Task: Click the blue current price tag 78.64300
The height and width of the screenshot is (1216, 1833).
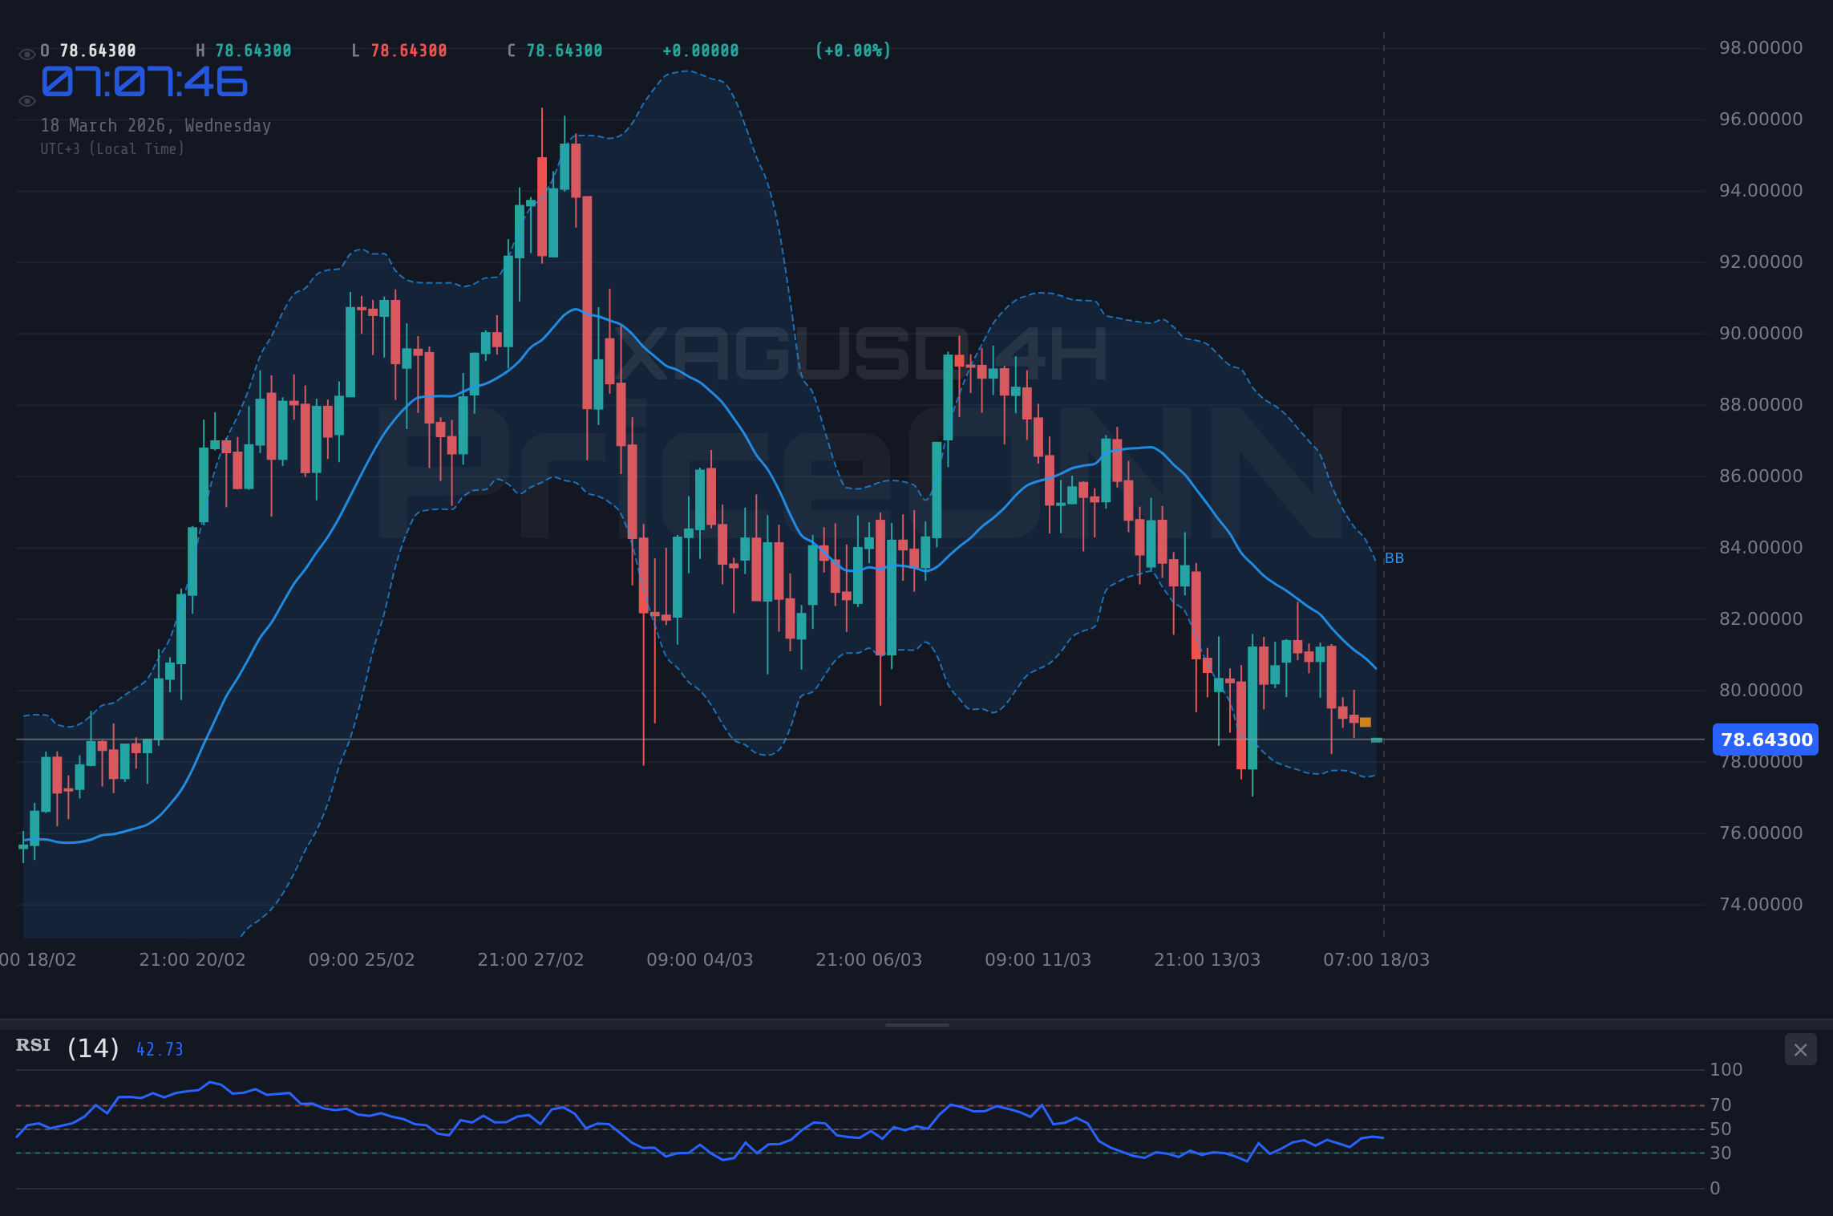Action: click(1765, 740)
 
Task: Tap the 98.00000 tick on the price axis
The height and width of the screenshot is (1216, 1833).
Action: click(1760, 48)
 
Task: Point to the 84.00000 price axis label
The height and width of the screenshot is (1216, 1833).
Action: click(1760, 548)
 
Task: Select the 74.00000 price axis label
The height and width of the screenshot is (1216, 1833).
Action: click(1760, 905)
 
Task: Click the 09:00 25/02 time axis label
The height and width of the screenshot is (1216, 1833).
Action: click(361, 960)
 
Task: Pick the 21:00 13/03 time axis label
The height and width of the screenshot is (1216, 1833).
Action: click(1207, 960)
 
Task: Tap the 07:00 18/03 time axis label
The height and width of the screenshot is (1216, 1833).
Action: click(1376, 960)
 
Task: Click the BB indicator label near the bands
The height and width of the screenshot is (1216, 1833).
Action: click(1394, 558)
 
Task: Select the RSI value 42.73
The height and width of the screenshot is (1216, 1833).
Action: click(160, 1049)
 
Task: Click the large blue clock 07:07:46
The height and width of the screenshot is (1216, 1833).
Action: click(144, 83)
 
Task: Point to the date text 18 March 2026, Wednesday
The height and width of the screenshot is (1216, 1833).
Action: click(156, 126)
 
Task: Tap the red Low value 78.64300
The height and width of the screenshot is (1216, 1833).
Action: click(408, 51)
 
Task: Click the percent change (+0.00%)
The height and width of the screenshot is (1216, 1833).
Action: click(852, 51)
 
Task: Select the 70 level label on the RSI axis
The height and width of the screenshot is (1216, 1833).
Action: click(1720, 1105)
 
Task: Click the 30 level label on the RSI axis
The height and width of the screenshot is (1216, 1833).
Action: click(1720, 1153)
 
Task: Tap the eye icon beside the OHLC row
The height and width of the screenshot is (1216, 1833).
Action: click(26, 55)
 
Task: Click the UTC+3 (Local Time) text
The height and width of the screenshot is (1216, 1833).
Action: click(112, 149)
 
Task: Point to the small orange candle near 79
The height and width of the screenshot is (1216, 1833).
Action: click(1365, 723)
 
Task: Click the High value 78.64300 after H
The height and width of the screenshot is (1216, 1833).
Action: click(253, 51)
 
